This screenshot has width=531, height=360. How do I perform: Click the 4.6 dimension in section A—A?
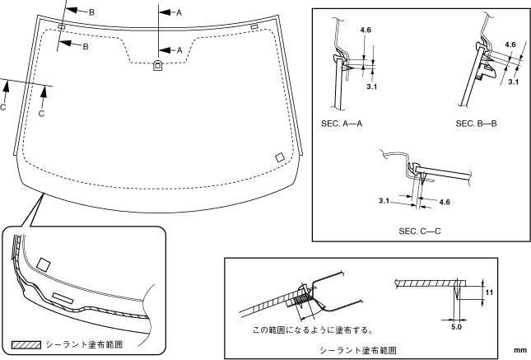(x=365, y=31)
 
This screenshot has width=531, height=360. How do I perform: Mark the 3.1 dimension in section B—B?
(x=514, y=82)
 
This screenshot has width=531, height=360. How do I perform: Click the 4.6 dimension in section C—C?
(x=445, y=201)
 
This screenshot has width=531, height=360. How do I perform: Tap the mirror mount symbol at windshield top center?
(x=157, y=66)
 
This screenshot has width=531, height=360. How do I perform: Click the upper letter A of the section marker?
(x=179, y=13)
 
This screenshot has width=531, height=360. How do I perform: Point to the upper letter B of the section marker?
(x=91, y=12)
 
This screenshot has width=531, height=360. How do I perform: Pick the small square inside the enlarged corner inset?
(x=44, y=264)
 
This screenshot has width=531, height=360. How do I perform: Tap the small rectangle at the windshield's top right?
(x=254, y=27)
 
